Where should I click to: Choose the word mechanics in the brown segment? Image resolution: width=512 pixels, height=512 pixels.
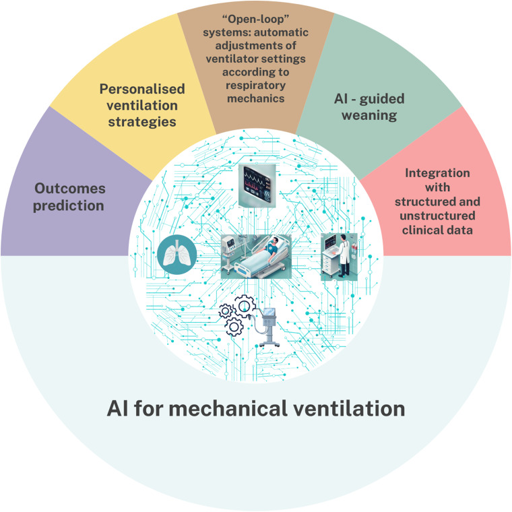point(256,99)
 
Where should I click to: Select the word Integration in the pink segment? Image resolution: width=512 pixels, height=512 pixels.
point(437,173)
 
